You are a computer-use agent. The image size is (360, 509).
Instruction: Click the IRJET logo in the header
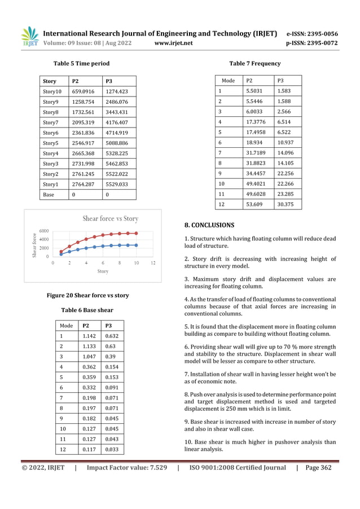tap(30, 36)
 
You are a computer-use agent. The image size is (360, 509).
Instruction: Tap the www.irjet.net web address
tap(173, 43)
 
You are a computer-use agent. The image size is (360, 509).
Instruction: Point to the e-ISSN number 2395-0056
tap(319, 33)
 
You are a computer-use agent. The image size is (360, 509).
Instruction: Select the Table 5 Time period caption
tap(81, 64)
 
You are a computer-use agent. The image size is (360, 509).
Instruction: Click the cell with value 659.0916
tap(84, 91)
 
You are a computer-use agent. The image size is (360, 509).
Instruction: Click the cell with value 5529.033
tap(117, 183)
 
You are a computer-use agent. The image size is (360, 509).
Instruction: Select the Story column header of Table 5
tap(50, 81)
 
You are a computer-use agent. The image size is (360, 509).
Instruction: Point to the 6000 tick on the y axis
tap(44, 230)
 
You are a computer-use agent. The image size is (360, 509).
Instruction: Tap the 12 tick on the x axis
tap(153, 263)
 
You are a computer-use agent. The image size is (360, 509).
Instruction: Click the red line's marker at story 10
tap(136, 233)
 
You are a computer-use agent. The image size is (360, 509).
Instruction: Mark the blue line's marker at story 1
tap(62, 254)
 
